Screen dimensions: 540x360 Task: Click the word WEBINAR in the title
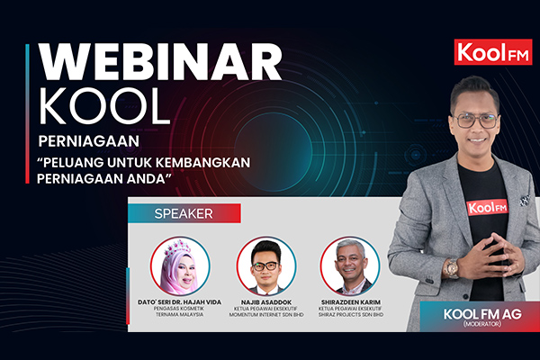pyautogui.click(x=160, y=62)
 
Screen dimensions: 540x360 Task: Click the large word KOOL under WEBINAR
pyautogui.click(x=104, y=106)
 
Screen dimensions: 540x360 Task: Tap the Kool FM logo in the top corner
pyautogui.click(x=493, y=52)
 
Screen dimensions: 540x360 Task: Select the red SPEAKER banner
pyautogui.click(x=184, y=213)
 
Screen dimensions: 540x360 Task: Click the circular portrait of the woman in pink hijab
pyautogui.click(x=180, y=266)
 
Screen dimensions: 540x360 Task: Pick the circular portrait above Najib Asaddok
pyautogui.click(x=265, y=266)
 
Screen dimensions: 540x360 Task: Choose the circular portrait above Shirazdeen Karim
pyautogui.click(x=350, y=266)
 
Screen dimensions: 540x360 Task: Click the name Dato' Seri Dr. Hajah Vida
pyautogui.click(x=179, y=302)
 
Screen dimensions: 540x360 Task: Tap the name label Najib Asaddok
pyautogui.click(x=266, y=302)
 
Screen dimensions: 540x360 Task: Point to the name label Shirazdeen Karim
pyautogui.click(x=351, y=302)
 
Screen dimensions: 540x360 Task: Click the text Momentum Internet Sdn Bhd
pyautogui.click(x=266, y=314)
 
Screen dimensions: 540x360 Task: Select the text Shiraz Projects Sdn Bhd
pyautogui.click(x=351, y=314)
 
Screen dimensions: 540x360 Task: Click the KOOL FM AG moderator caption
pyautogui.click(x=482, y=316)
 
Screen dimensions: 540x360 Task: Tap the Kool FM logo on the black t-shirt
pyautogui.click(x=487, y=207)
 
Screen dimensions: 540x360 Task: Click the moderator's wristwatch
pyautogui.click(x=452, y=268)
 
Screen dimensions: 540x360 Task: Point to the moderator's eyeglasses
pyautogui.click(x=476, y=121)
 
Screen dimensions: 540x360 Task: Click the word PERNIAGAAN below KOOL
pyautogui.click(x=89, y=141)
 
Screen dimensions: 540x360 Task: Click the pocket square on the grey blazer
pyautogui.click(x=525, y=200)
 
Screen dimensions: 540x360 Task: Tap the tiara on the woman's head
pyautogui.click(x=177, y=247)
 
